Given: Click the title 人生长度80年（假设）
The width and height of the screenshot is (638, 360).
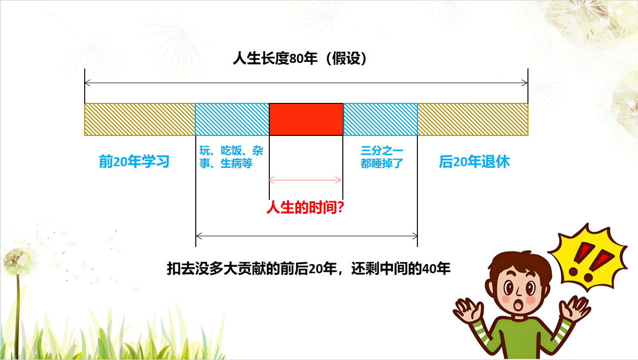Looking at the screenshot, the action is pyautogui.click(x=300, y=58).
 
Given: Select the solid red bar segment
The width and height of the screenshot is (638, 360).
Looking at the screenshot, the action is pyautogui.click(x=306, y=119).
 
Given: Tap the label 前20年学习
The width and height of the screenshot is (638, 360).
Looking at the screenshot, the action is pyautogui.click(x=134, y=161).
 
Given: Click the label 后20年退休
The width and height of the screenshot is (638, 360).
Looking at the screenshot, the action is pyautogui.click(x=474, y=161).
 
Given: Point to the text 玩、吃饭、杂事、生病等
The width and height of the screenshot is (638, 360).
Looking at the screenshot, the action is pyautogui.click(x=231, y=157).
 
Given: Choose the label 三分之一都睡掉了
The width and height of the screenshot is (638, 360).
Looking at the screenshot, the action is pyautogui.click(x=382, y=157).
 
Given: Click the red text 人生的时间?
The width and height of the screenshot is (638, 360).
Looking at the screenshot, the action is pyautogui.click(x=305, y=207).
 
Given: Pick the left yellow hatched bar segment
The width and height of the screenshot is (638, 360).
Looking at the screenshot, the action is pyautogui.click(x=139, y=119).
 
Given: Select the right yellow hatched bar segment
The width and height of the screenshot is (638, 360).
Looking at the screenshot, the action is pyautogui.click(x=473, y=119).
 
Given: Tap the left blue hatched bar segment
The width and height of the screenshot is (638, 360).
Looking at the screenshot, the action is pyautogui.click(x=232, y=119).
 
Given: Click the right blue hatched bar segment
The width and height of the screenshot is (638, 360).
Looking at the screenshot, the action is pyautogui.click(x=380, y=119).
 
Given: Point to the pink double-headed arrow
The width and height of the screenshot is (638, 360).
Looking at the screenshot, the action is pyautogui.click(x=305, y=180).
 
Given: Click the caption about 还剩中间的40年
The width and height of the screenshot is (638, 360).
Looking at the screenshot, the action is pyautogui.click(x=308, y=269).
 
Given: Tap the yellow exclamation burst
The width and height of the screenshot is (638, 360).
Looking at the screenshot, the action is pyautogui.click(x=588, y=257).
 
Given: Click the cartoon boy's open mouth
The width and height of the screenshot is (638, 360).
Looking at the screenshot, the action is pyautogui.click(x=517, y=306).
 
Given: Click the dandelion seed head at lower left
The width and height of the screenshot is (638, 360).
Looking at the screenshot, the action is pyautogui.click(x=18, y=261).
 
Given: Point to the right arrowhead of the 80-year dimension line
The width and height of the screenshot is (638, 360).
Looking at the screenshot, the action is pyautogui.click(x=524, y=83).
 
